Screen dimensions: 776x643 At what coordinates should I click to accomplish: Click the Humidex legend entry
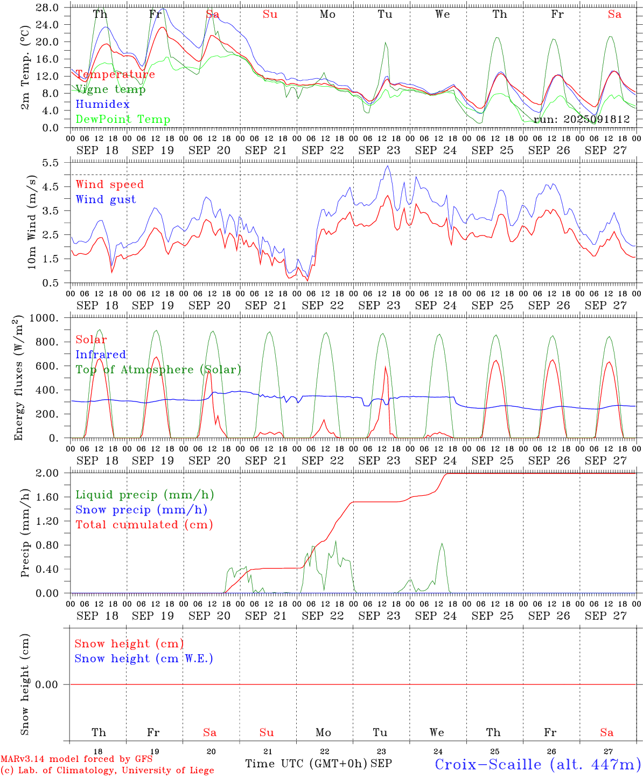[x=102, y=104]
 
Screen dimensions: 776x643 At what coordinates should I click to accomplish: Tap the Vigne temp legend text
[x=110, y=89]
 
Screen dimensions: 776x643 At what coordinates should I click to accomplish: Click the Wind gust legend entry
[x=106, y=199]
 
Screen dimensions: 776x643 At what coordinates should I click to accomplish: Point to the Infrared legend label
[x=101, y=355]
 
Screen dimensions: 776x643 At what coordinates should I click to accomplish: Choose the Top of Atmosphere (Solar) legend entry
[x=158, y=370]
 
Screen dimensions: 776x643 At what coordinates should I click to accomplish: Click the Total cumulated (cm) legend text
[x=144, y=524]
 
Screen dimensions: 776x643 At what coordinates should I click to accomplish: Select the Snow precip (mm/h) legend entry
[x=141, y=509]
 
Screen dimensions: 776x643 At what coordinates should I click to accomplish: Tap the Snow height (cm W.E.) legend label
[x=143, y=659]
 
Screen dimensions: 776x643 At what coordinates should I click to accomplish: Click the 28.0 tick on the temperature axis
[x=48, y=8]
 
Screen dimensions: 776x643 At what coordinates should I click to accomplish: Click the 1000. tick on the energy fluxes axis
[x=44, y=318]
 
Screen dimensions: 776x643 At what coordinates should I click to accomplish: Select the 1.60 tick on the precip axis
[x=48, y=497]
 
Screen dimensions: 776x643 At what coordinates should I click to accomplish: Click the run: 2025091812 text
[x=582, y=119]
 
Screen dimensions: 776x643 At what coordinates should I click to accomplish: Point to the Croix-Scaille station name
[x=537, y=764]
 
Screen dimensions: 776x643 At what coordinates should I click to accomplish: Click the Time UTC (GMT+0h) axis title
[x=306, y=764]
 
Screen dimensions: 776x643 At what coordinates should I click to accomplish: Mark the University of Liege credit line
[x=107, y=770]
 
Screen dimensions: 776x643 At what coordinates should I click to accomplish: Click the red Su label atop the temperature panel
[x=270, y=14]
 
